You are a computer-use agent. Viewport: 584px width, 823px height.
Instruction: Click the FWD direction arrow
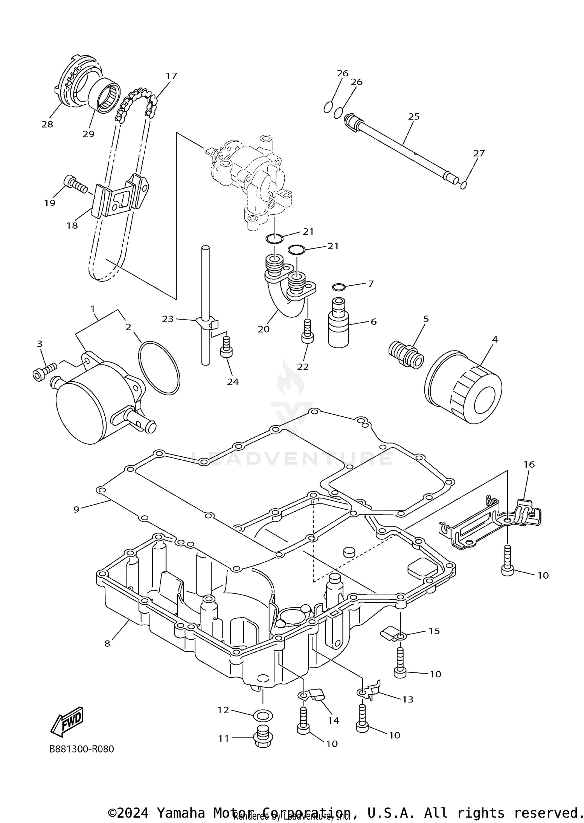point(67,721)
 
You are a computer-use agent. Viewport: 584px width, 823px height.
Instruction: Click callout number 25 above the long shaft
point(414,116)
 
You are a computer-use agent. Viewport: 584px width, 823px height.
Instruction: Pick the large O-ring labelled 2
point(159,368)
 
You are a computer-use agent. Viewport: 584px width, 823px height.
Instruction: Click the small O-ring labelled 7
point(339,287)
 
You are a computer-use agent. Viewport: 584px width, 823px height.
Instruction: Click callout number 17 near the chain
point(171,76)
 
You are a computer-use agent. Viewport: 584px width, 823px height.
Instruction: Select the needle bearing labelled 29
point(103,96)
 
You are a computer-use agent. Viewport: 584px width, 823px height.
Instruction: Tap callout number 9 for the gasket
point(76,509)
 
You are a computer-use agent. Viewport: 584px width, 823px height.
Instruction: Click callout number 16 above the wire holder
point(529,464)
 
